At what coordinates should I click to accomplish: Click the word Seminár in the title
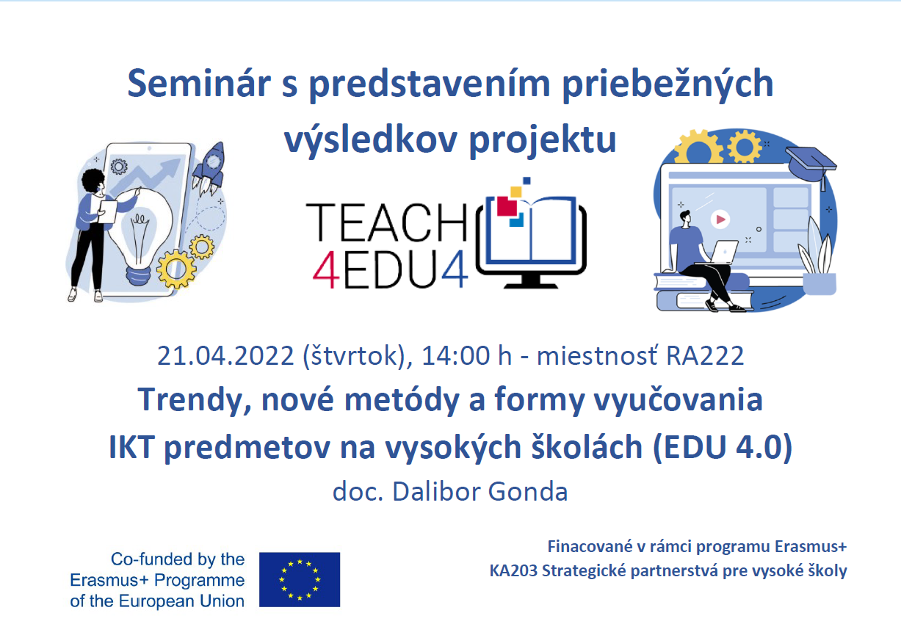coord(199,83)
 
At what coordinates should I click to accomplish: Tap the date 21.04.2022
coord(225,355)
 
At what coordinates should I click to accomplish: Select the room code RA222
coord(705,355)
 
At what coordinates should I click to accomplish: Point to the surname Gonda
coord(527,491)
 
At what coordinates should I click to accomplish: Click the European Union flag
coord(300,579)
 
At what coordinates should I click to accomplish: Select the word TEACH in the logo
coord(386,222)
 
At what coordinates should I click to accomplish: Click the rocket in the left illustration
coord(210,170)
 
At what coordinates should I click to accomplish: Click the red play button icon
coord(720,219)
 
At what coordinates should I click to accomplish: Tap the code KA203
coord(513,570)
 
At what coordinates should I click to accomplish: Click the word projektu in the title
coord(543,140)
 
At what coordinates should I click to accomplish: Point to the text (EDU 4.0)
coord(723,447)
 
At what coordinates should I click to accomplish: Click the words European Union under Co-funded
coord(181,601)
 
